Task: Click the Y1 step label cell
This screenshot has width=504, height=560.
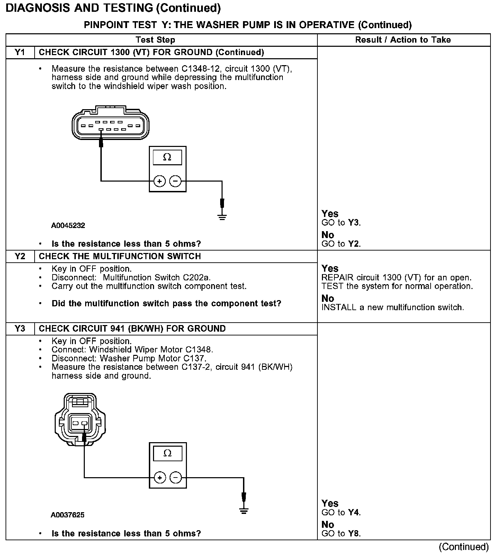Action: pos(20,52)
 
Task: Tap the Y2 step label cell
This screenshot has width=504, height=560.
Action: pos(20,256)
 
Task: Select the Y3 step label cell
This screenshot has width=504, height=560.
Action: pos(20,329)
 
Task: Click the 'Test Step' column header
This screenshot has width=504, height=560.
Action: pos(155,40)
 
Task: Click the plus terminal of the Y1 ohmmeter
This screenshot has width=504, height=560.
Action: pos(159,181)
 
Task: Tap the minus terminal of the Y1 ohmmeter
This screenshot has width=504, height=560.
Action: pos(175,181)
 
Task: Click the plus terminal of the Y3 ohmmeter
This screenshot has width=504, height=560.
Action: pos(160,478)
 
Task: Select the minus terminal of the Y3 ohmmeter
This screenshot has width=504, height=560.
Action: pos(176,478)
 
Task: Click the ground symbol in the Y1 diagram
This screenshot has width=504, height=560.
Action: pos(222,217)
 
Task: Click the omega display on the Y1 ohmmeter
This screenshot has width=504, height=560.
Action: pos(167,157)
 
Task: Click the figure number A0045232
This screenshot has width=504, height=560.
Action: pos(68,226)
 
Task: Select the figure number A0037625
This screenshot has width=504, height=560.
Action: pos(67,515)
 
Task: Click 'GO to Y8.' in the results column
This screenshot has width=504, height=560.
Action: pos(341,534)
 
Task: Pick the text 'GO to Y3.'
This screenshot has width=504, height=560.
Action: pos(341,223)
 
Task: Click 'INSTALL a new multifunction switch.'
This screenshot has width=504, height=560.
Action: pos(393,307)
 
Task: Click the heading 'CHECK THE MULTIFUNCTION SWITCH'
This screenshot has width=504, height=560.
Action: pos(120,256)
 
